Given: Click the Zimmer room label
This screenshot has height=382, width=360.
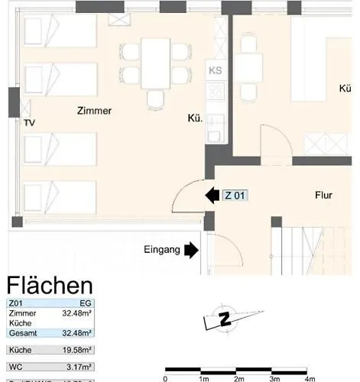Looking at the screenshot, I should (x=94, y=111).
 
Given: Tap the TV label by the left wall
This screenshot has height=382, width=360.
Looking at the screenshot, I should (x=29, y=123).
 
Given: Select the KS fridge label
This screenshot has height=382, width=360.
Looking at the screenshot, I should (x=215, y=71).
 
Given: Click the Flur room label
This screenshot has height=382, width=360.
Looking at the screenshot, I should (x=324, y=196).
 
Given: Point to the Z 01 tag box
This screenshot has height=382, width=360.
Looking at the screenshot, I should (x=235, y=196).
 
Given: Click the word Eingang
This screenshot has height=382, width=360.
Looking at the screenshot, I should (x=161, y=249).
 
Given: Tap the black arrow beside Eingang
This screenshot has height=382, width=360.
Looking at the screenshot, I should (x=191, y=249).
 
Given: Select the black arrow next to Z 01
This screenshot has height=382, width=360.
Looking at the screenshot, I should (x=212, y=196).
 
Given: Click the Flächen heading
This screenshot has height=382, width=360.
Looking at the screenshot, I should (x=50, y=286).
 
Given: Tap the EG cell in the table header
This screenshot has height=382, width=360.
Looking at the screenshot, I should (x=86, y=303).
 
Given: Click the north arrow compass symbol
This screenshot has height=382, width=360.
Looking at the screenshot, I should (x=224, y=320).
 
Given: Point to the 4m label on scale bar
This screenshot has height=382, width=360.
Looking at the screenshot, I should (x=310, y=377).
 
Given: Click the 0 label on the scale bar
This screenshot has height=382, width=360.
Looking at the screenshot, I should (x=166, y=377).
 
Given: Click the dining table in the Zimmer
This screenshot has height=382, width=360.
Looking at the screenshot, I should (x=155, y=63).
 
